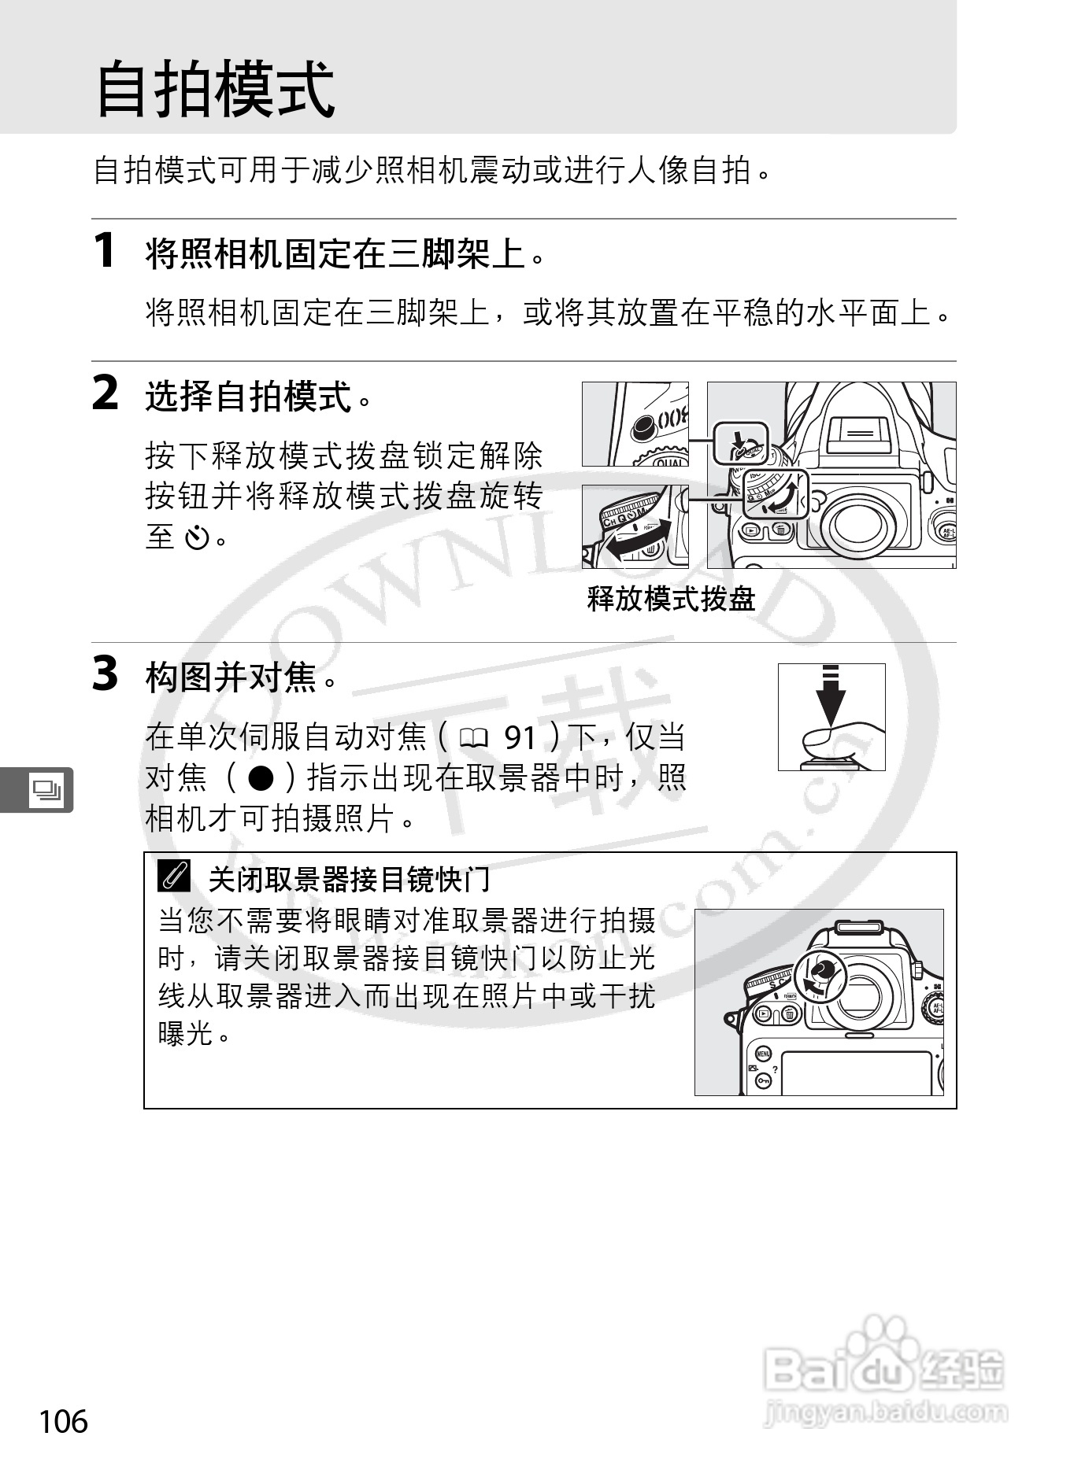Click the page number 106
64,1421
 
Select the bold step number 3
106,674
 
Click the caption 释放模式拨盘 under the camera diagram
671,600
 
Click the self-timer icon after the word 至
196,539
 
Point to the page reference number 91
520,738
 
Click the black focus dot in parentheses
261,778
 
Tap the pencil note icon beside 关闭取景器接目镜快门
174,877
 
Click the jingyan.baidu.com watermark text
885,1412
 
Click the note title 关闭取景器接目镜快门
349,879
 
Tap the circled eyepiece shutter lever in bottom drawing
820,974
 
